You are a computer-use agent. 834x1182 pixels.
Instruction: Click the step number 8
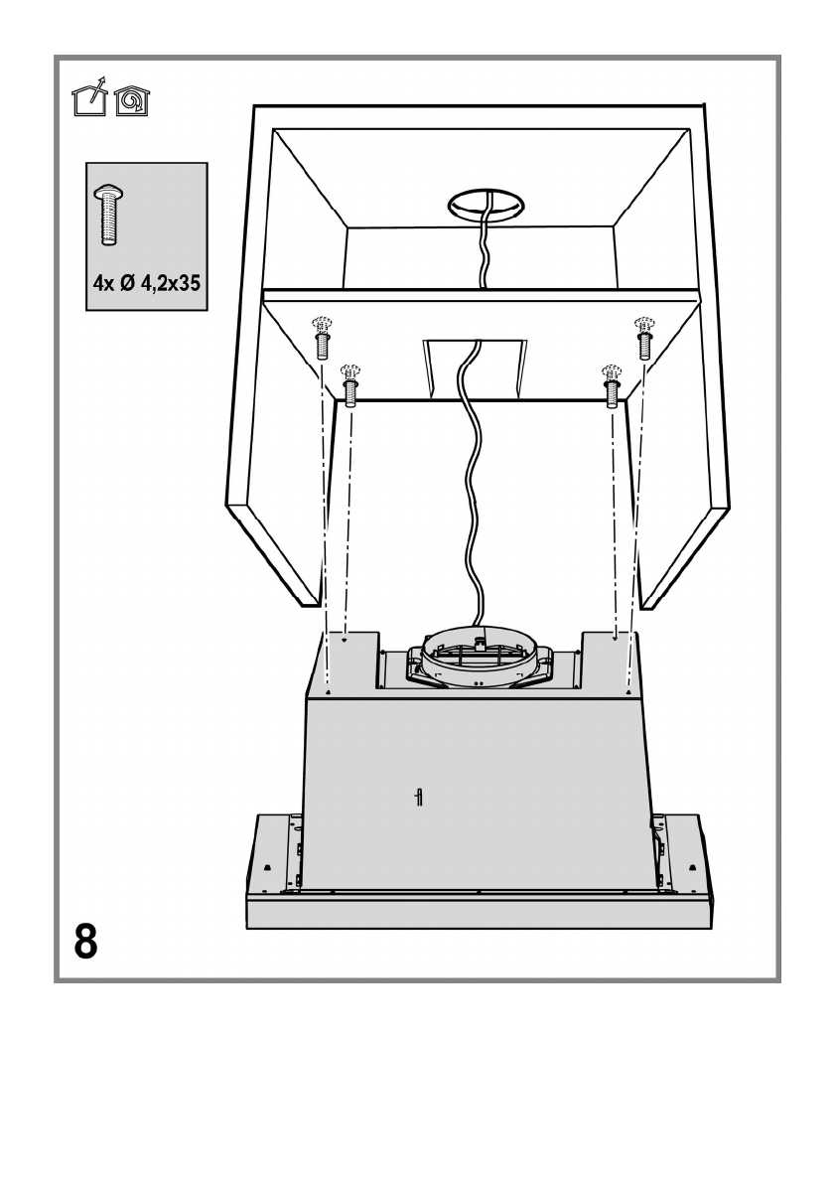(86, 940)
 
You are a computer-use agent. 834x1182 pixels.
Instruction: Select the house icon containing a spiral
(130, 101)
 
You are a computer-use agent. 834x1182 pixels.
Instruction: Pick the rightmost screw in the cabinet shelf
(643, 340)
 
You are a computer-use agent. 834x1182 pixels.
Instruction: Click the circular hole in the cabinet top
(485, 205)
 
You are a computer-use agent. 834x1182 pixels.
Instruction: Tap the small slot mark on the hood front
(419, 797)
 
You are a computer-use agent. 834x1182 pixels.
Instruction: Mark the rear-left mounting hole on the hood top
(344, 641)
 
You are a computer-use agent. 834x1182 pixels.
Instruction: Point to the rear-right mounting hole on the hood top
(616, 641)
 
